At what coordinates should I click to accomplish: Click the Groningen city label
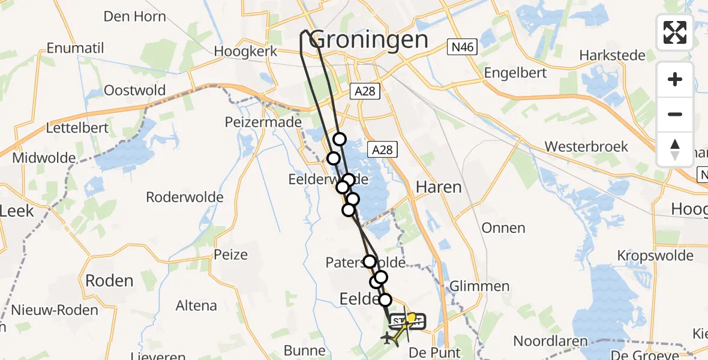370,40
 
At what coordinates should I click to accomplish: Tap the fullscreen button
675,32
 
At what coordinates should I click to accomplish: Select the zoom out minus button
675,114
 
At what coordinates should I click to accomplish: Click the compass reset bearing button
675,149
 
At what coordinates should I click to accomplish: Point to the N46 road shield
461,47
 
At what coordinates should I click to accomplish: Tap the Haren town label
439,187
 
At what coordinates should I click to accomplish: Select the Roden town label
109,280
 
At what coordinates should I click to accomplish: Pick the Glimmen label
480,286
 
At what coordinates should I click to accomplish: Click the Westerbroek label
586,146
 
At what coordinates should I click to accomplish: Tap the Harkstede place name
612,56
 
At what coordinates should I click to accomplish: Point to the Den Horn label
135,16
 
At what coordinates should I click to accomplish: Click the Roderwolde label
185,197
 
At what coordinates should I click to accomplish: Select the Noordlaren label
548,341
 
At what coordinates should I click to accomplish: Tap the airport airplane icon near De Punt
389,338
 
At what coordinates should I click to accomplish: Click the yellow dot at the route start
411,316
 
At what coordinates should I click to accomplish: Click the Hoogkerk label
247,52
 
